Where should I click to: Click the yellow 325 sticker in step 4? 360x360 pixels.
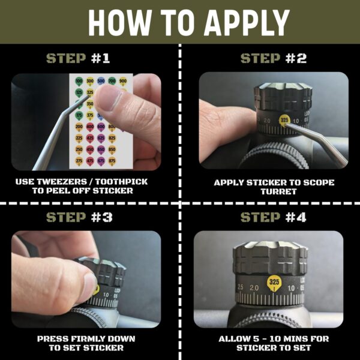click(x=274, y=282)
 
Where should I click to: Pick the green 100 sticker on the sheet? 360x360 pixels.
click(x=79, y=80)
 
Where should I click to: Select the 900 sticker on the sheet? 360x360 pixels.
click(x=123, y=80)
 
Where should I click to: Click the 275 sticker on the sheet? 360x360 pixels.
click(x=79, y=161)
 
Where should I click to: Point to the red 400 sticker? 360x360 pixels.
click(x=90, y=127)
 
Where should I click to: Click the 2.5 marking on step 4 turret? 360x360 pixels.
click(x=240, y=288)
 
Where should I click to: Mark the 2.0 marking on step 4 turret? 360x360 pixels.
click(x=254, y=289)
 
